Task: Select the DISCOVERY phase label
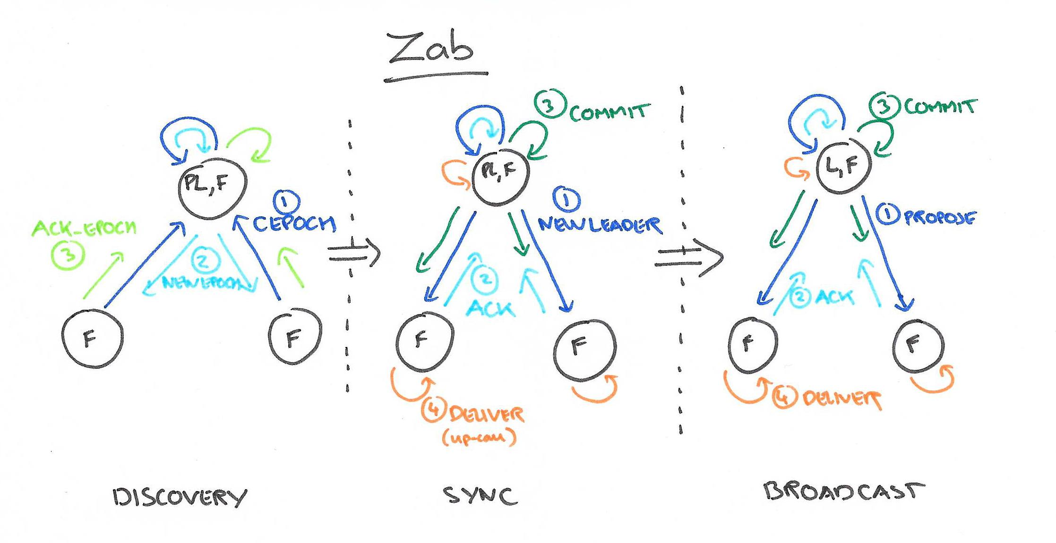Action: pos(180,497)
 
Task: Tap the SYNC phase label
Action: pos(480,496)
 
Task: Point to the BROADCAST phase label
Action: pos(844,491)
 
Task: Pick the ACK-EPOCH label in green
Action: pos(84,229)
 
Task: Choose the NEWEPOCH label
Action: pos(202,283)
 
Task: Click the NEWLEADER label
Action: pos(600,225)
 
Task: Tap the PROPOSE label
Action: pos(939,218)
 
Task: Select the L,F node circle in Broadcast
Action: pos(843,165)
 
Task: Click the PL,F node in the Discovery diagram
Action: pos(212,188)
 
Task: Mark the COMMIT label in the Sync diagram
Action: pos(609,112)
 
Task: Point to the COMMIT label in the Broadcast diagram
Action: pos(940,107)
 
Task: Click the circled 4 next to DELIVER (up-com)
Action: pos(434,409)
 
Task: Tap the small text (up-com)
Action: pos(479,437)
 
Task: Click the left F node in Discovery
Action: pos(92,338)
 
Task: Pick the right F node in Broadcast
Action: pos(918,345)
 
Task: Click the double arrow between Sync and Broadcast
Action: pos(688,258)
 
